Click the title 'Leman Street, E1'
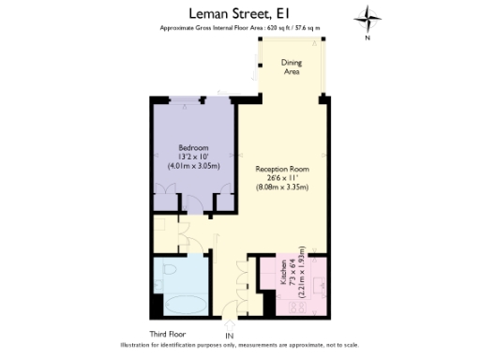(x=239, y=13)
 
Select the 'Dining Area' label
(x=292, y=67)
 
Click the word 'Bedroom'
(x=193, y=148)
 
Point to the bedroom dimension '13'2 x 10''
(x=193, y=157)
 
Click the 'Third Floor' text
(x=168, y=333)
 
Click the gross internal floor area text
(x=239, y=28)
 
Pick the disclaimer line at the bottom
(x=239, y=346)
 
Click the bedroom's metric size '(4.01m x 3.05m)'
(x=193, y=166)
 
